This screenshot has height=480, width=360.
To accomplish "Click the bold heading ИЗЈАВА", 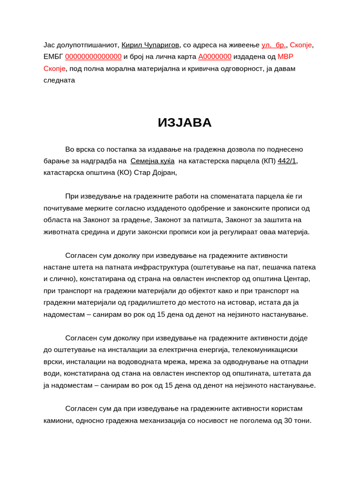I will pyautogui.click(x=185, y=122).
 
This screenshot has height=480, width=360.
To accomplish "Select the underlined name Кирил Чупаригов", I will pyautogui.click(x=150, y=45).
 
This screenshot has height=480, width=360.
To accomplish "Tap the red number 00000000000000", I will pyautogui.click(x=93, y=57).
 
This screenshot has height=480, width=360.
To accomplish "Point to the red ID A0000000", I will pyautogui.click(x=215, y=57).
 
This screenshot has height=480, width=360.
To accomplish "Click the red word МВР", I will pyautogui.click(x=285, y=57).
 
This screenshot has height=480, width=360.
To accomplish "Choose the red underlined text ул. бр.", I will pyautogui.click(x=274, y=45).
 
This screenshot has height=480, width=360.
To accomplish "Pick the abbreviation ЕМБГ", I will pyautogui.click(x=53, y=57).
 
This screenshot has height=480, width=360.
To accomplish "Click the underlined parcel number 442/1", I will pyautogui.click(x=287, y=161).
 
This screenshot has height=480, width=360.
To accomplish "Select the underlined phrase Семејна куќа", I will pyautogui.click(x=152, y=161).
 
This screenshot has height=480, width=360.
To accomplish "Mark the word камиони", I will pyautogui.click(x=58, y=420).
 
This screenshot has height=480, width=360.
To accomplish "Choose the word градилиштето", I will pyautogui.click(x=140, y=302).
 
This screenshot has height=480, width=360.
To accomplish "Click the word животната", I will pyautogui.click(x=60, y=232).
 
